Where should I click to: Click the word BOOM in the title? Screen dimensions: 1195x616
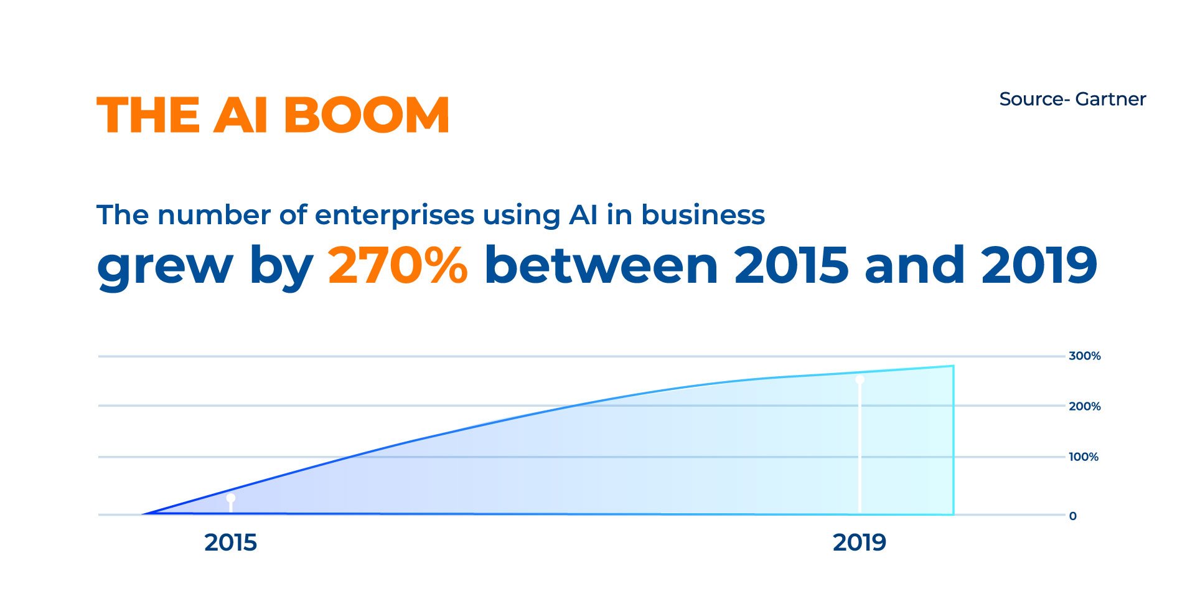(x=367, y=115)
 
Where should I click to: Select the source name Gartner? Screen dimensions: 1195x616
(x=1110, y=99)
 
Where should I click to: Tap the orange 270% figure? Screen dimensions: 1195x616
(x=398, y=265)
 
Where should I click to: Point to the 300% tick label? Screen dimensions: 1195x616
(x=1085, y=356)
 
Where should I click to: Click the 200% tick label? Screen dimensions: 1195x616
(x=1085, y=406)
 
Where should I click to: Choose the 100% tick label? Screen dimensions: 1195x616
(x=1084, y=457)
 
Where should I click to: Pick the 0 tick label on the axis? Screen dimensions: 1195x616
(x=1072, y=516)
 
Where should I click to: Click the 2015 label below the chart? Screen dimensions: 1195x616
(x=230, y=543)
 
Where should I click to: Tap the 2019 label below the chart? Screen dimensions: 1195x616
(x=860, y=543)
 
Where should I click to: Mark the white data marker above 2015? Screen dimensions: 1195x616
(x=231, y=498)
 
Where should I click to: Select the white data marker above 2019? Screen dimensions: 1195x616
(x=860, y=379)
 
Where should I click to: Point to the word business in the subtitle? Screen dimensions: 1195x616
(x=703, y=215)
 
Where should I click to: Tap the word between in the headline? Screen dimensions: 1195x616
(x=601, y=265)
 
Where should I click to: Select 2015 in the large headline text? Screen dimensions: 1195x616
(x=791, y=265)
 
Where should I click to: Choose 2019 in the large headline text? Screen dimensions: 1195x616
(x=1039, y=265)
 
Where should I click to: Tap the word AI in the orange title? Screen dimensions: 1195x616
(x=241, y=115)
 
